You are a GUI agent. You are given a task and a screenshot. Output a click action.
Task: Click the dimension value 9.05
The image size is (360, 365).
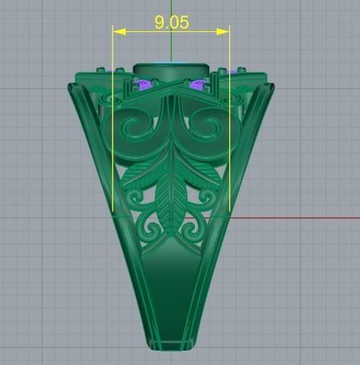171,22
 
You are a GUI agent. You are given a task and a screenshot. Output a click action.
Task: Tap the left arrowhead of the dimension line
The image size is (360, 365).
116,31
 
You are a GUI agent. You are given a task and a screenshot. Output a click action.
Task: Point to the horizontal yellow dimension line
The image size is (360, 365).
145,31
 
